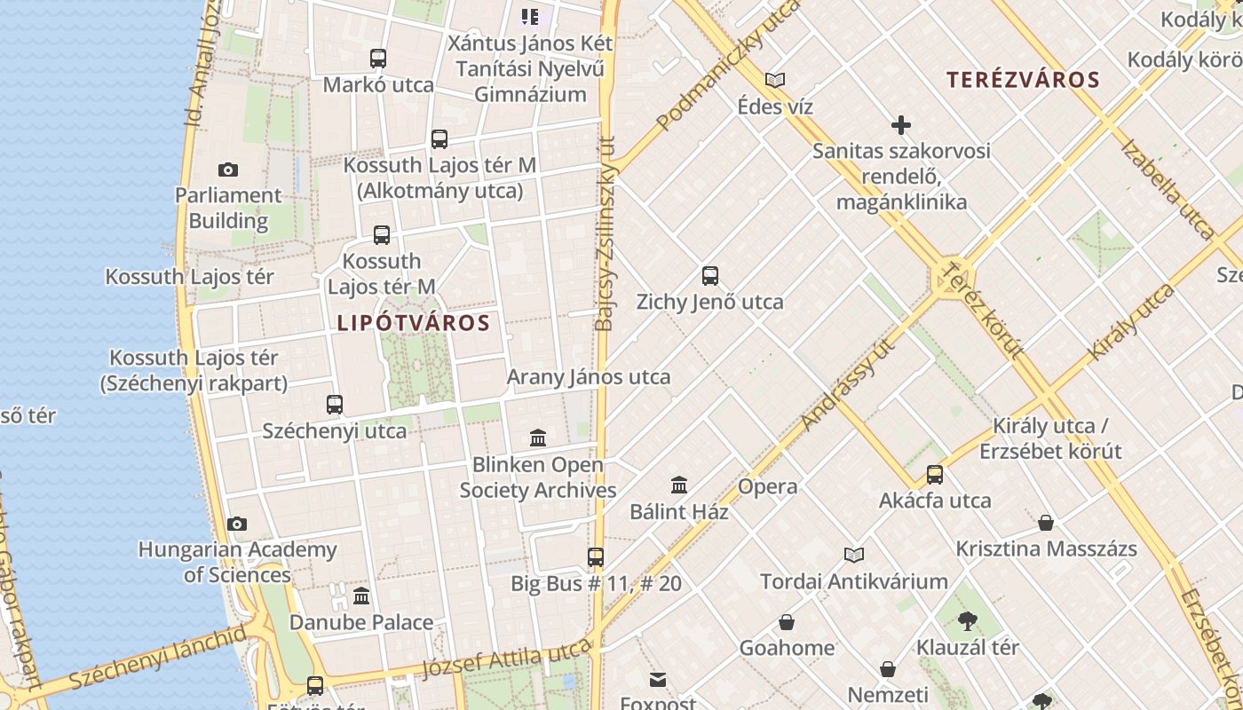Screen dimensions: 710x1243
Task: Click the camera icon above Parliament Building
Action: point(228,170)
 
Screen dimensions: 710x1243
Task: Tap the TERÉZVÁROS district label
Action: point(1023,80)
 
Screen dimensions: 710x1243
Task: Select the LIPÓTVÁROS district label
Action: point(414,323)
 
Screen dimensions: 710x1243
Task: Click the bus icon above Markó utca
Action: point(378,59)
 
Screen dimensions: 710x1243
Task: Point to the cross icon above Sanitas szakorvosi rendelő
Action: point(901,125)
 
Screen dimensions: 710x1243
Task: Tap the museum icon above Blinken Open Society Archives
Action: point(538,438)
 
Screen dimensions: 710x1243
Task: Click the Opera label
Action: point(767,486)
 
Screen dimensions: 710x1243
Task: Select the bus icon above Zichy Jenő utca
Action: point(710,275)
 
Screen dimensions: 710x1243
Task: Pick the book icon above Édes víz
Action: point(775,81)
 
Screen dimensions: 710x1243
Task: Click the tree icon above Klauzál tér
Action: point(968,620)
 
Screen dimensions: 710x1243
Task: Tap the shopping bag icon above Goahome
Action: point(787,622)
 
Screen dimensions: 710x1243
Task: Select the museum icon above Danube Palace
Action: point(361,596)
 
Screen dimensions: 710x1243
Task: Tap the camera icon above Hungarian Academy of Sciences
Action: point(237,524)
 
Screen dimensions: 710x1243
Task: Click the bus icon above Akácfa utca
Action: point(935,475)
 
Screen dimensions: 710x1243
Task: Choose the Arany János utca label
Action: point(588,376)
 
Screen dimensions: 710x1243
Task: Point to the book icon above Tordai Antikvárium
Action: point(854,555)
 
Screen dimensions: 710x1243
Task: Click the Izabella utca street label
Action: point(1167,189)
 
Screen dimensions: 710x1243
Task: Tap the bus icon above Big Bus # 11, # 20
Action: point(596,557)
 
